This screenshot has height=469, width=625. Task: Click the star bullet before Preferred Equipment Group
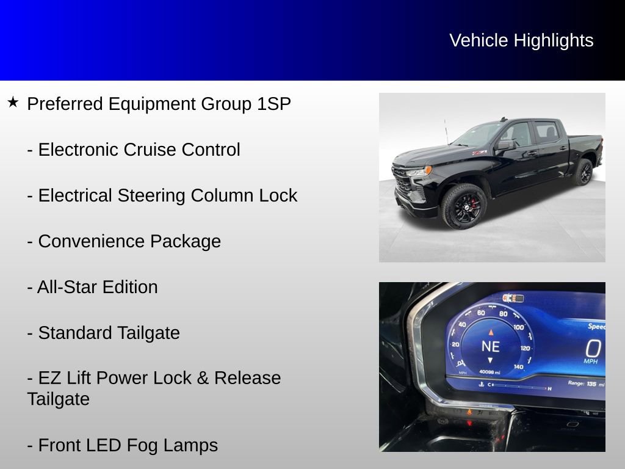point(13,102)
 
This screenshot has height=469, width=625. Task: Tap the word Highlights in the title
point(554,40)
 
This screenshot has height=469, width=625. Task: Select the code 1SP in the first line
point(273,104)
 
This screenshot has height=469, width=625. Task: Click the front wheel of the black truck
point(463,206)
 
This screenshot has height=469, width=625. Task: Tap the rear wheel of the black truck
point(582,172)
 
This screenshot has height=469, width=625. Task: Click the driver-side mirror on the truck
point(505,145)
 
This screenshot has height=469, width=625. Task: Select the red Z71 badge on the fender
point(479,152)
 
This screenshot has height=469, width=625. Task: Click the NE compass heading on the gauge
point(490,347)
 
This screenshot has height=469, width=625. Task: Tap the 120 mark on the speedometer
point(526,348)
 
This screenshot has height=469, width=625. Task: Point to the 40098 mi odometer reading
point(490,371)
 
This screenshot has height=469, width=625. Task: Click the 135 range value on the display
point(591,384)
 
